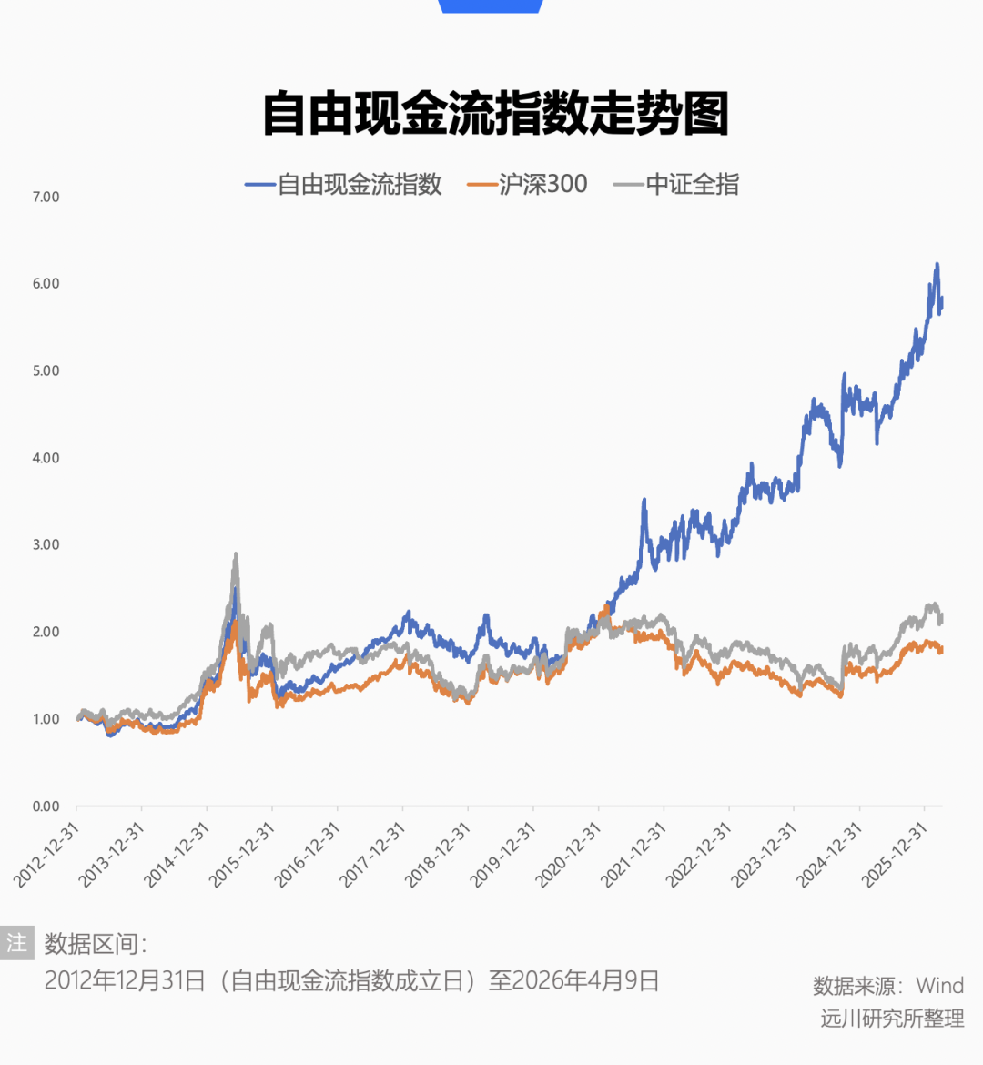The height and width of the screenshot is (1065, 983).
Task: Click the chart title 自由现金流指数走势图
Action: coord(496,115)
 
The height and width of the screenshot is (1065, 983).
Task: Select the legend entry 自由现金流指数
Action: coord(359,185)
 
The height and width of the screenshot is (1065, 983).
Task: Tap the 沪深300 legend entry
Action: coord(542,185)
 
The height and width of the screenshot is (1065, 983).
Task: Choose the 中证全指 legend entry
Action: coord(692,185)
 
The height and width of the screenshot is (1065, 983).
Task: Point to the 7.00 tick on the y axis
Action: coord(46,197)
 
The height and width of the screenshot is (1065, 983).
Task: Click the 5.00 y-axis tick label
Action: coord(46,371)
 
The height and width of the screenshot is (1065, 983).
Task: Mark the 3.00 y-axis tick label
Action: coord(46,545)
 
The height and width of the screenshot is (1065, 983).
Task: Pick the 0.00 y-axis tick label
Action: coord(46,806)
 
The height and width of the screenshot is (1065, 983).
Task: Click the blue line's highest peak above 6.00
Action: coord(937,265)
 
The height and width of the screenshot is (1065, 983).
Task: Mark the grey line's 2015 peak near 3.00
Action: coord(236,554)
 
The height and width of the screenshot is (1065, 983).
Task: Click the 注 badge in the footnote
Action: coord(17,943)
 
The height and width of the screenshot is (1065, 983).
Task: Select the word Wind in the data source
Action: coord(939,986)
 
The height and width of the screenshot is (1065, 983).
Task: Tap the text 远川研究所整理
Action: coord(892,1019)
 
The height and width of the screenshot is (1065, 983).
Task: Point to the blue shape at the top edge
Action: coord(491,5)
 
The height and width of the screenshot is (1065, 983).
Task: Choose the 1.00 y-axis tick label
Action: coord(46,719)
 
